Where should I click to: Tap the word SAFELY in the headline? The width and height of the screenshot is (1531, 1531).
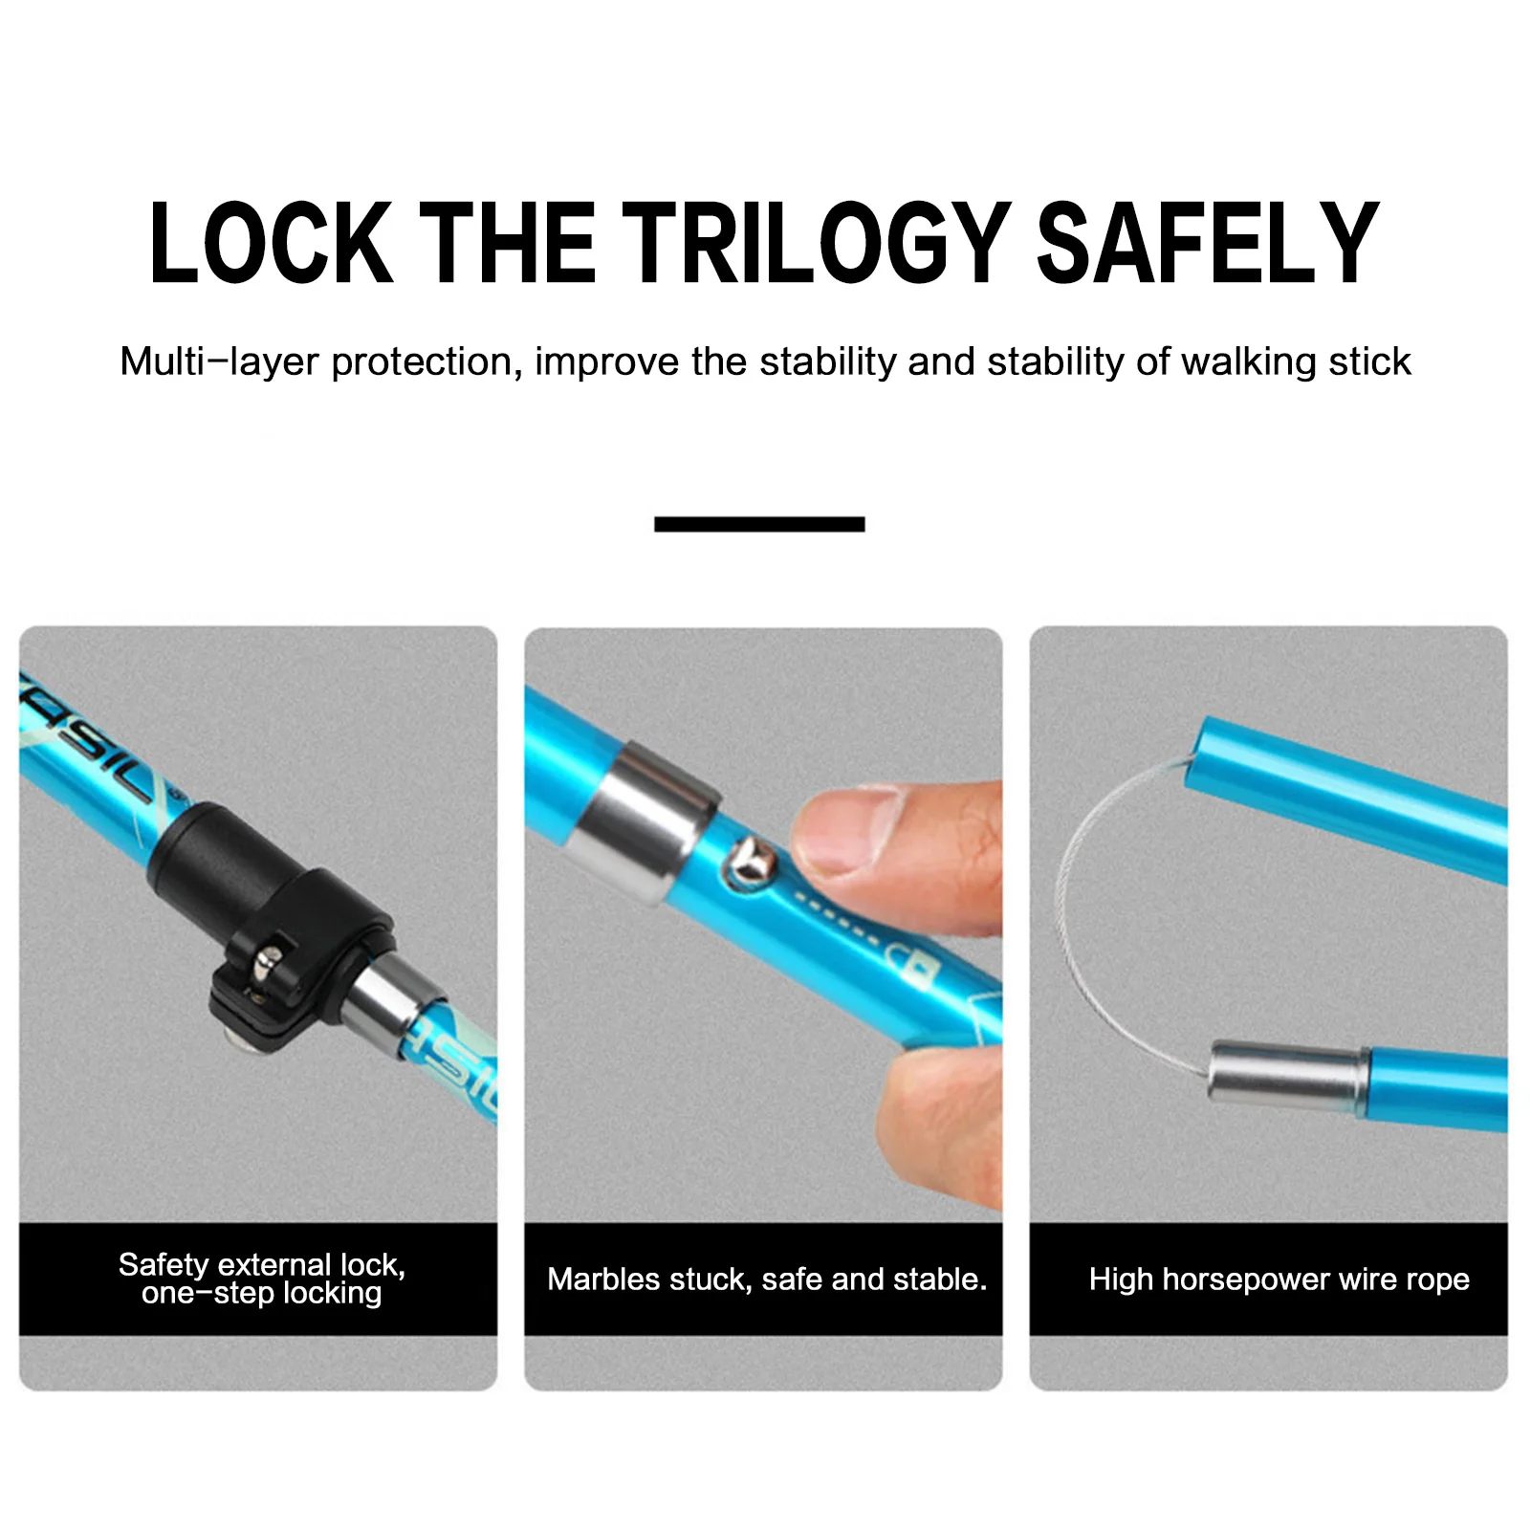1208,243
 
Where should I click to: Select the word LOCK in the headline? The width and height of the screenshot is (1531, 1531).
272,243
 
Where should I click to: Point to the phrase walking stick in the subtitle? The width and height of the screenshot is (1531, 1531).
1295,362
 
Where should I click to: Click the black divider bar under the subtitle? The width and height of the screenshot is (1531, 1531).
759,524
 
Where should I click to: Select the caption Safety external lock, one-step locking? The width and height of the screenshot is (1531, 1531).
261,1279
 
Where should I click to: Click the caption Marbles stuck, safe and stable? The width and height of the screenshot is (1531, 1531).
767,1279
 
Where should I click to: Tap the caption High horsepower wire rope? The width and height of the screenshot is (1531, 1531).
1279,1279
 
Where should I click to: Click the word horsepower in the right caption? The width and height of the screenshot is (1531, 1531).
1246,1280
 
